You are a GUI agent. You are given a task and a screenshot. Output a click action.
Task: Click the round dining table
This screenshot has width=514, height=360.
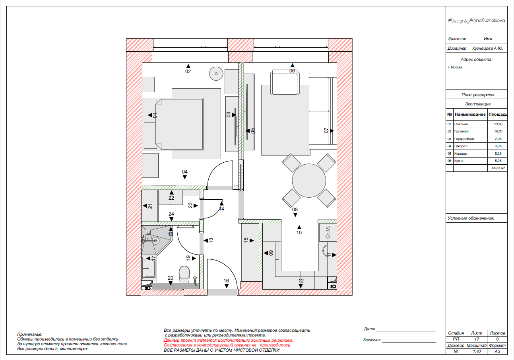tap(309, 181)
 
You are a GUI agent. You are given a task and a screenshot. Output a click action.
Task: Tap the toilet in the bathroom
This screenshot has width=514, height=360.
tap(184, 274)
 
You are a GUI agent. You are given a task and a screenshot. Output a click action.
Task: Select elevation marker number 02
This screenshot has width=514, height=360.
tap(188, 69)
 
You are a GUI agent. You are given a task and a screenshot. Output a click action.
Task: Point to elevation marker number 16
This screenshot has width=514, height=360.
tap(227, 283)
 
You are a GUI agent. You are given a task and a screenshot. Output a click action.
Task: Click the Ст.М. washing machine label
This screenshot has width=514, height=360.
tap(328, 232)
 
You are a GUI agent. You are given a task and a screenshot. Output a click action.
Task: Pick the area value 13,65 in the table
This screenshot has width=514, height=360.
tap(498, 124)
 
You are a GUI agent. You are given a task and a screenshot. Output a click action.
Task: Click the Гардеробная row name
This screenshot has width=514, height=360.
tap(464, 139)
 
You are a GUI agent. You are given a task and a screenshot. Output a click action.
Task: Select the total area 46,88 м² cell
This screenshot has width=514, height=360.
tap(498, 168)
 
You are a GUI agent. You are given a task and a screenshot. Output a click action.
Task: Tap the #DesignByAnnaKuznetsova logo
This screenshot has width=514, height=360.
tap(476, 21)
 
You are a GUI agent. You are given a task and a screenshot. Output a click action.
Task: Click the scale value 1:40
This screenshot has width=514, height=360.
tap(477, 352)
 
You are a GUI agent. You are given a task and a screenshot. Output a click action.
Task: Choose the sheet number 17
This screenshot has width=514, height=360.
tap(477, 339)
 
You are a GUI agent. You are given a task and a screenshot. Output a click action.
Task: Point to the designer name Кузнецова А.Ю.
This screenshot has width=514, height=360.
tap(488, 48)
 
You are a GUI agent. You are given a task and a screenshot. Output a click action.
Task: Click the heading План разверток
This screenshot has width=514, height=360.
tap(478, 95)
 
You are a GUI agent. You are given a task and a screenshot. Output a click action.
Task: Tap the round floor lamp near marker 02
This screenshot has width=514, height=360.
tap(216, 74)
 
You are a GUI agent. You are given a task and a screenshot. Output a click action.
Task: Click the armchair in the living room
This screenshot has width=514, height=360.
tap(285, 82)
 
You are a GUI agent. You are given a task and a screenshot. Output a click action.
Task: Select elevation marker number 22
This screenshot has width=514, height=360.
tap(171, 196)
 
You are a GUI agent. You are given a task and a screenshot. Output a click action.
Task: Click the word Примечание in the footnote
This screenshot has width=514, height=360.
tap(29, 334)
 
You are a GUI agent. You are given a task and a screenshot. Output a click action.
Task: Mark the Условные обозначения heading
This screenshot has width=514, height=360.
tap(471, 218)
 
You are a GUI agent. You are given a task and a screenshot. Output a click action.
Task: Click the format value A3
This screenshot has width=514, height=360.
tap(497, 352)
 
